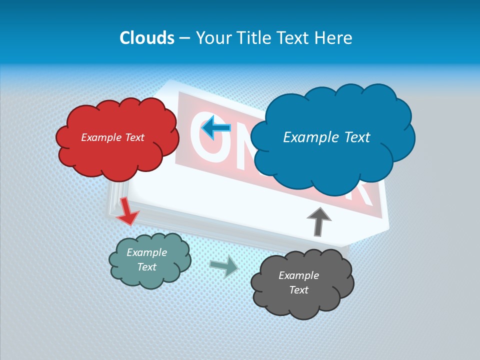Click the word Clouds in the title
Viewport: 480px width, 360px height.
(x=146, y=38)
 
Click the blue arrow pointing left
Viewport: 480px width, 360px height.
(x=216, y=128)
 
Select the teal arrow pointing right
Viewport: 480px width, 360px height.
(x=224, y=266)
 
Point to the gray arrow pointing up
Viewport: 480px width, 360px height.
(x=318, y=221)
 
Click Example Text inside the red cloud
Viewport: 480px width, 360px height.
(x=112, y=137)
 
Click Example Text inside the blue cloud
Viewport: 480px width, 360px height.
(x=326, y=137)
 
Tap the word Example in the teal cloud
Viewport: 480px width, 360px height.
(x=146, y=252)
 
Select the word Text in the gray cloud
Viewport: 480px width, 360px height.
(x=298, y=290)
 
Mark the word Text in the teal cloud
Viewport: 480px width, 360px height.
(x=146, y=267)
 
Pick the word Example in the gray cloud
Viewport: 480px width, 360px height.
(x=298, y=275)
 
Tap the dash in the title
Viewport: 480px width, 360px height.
(x=184, y=38)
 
